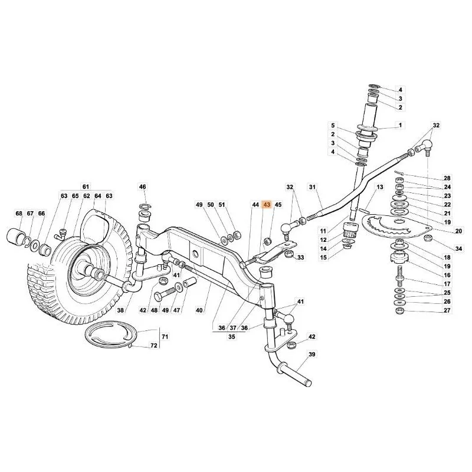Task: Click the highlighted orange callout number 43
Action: coord(267,205)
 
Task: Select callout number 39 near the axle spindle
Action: coord(312,355)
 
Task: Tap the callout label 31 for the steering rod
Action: coord(312,187)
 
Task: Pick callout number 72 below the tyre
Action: coord(154,346)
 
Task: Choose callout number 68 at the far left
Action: coord(19,214)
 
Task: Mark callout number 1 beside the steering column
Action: coord(400,125)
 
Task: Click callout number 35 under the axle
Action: coord(231,336)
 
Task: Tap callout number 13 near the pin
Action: coord(380,187)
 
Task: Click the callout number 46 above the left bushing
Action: coord(142,187)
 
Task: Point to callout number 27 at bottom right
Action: coord(447,310)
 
